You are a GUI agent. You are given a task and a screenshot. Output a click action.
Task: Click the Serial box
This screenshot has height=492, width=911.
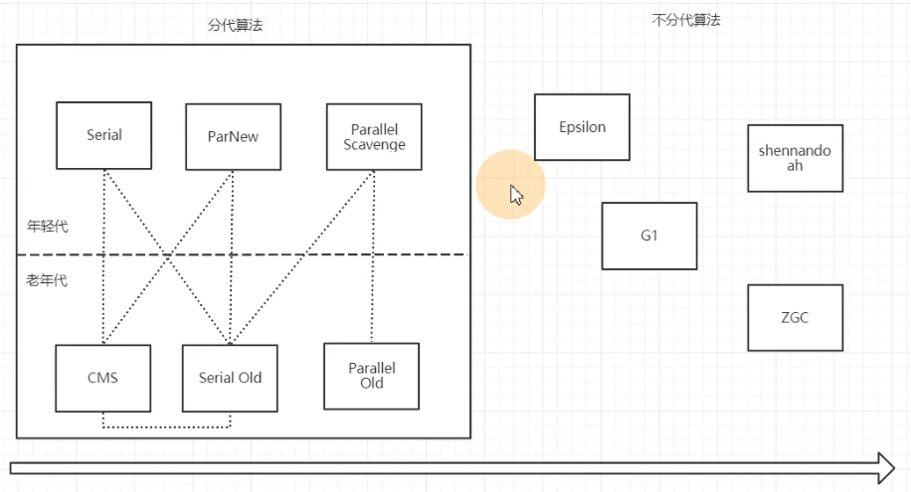click(x=103, y=135)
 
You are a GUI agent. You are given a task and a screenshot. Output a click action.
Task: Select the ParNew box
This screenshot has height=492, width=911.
click(x=233, y=136)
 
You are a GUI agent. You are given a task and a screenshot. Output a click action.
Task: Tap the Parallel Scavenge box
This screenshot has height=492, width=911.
click(x=374, y=136)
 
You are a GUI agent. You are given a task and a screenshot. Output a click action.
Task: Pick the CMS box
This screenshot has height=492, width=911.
click(x=103, y=378)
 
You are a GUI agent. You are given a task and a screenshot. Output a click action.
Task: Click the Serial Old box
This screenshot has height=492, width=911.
click(x=230, y=378)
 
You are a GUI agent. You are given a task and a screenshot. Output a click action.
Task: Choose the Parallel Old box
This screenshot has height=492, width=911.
click(x=372, y=376)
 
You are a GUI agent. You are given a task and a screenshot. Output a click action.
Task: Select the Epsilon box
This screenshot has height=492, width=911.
click(x=582, y=127)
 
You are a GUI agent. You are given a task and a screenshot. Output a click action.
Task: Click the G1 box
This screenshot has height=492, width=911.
click(x=649, y=236)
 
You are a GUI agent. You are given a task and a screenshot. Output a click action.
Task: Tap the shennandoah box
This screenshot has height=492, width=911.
click(x=795, y=158)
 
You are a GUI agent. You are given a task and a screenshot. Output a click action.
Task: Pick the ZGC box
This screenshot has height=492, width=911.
click(x=795, y=318)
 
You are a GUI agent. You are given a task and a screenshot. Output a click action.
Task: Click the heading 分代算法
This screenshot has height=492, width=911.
click(x=235, y=26)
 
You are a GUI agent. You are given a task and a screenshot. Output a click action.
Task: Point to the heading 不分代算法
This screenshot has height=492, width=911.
click(x=686, y=19)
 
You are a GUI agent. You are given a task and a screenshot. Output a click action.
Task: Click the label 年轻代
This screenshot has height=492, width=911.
click(x=47, y=227)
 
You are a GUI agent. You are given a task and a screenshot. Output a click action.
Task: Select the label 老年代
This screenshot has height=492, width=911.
click(x=47, y=280)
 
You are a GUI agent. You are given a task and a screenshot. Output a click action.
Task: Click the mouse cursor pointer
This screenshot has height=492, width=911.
click(x=516, y=194)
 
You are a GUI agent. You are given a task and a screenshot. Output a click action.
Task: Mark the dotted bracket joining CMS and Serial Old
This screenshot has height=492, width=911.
click(x=166, y=427)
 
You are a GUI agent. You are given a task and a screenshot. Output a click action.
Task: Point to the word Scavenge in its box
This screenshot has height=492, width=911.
click(x=374, y=144)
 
